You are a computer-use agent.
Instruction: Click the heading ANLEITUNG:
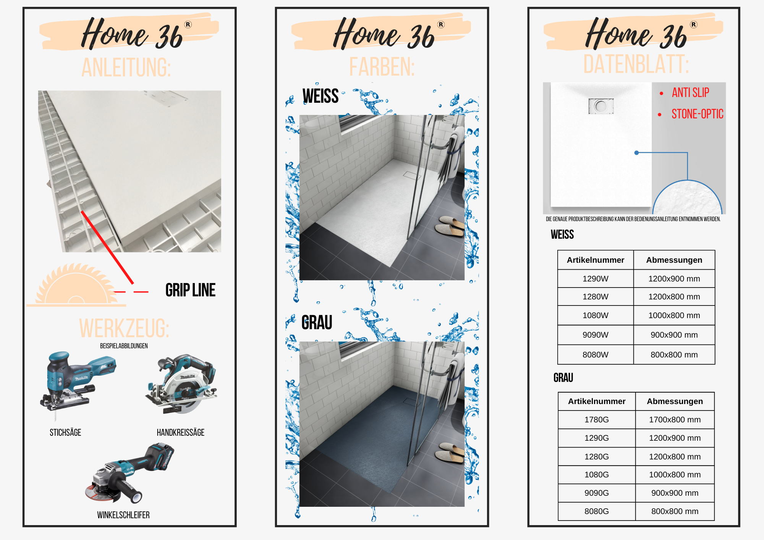[126, 67]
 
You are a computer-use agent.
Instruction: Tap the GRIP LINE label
[190, 290]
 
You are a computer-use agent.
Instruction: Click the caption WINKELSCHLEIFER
[123, 515]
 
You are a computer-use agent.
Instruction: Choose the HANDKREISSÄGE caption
[180, 432]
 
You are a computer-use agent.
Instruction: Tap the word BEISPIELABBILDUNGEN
[124, 346]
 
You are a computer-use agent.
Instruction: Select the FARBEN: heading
[382, 67]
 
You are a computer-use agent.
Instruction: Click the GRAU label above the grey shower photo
[317, 322]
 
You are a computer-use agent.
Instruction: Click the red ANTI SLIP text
[690, 92]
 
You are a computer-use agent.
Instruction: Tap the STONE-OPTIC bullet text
[697, 114]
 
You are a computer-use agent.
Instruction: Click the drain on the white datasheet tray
[601, 106]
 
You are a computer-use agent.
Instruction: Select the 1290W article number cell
[595, 279]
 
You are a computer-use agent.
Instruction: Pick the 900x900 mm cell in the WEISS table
[674, 335]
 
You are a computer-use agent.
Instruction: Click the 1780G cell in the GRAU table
[596, 420]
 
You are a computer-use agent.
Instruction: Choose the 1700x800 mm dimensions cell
[675, 420]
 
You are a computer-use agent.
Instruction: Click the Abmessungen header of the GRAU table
[675, 401]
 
